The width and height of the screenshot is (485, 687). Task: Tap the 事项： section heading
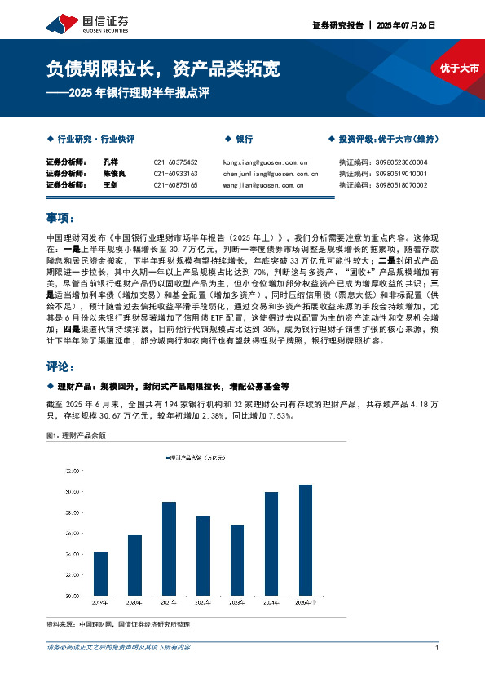point(61,218)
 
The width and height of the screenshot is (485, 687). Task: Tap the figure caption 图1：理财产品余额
point(77,435)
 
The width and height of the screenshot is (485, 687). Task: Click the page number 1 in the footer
point(438,647)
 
